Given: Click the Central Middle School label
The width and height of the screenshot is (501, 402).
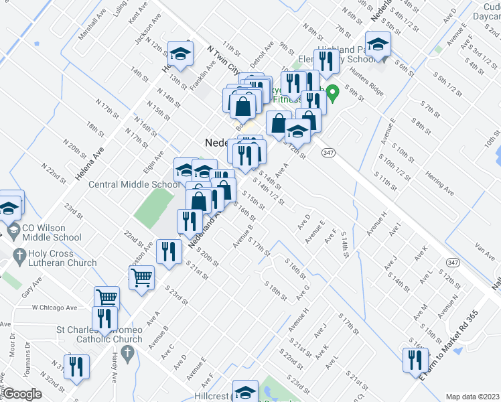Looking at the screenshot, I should [x=134, y=185].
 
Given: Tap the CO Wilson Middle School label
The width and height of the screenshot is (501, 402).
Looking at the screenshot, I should [x=53, y=232].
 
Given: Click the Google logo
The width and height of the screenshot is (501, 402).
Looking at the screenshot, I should [x=21, y=394].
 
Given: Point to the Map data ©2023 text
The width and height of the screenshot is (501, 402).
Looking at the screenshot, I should [x=472, y=397].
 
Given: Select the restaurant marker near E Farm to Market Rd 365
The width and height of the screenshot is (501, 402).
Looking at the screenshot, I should [x=415, y=360].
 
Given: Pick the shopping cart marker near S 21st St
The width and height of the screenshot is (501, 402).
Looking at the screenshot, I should [x=141, y=276].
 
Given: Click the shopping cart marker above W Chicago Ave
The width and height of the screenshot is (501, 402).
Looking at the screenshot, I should [x=106, y=297].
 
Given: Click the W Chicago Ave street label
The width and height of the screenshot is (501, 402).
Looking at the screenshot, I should [x=54, y=308].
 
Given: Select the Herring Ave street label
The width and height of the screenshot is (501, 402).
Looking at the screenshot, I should [x=439, y=183].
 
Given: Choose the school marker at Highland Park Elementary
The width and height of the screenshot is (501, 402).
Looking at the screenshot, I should [x=378, y=45].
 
